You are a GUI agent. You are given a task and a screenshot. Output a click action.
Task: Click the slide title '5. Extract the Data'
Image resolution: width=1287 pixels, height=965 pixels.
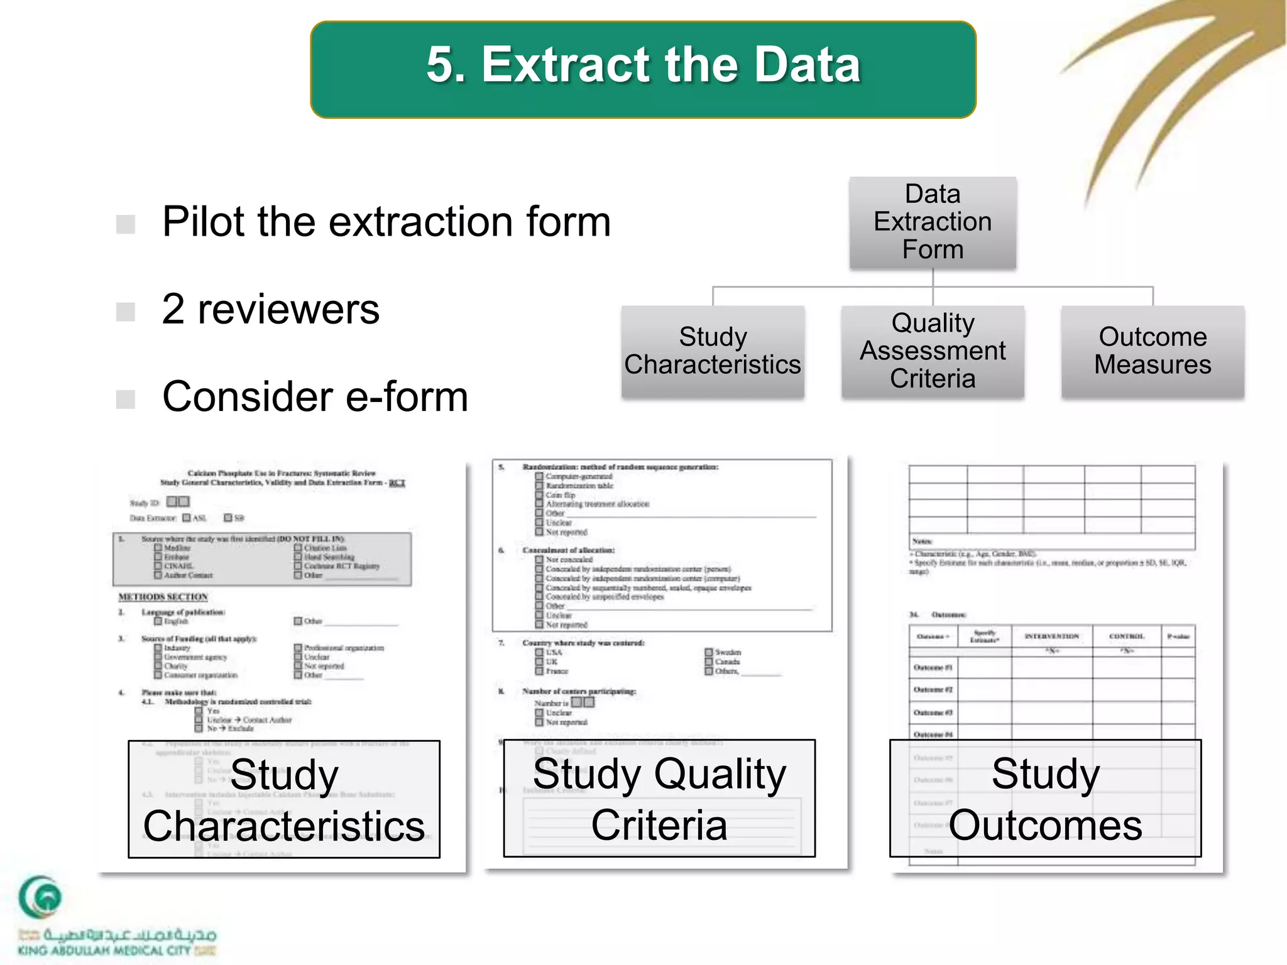tap(643, 65)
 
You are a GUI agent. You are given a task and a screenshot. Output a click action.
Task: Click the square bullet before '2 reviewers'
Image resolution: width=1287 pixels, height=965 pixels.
tap(126, 311)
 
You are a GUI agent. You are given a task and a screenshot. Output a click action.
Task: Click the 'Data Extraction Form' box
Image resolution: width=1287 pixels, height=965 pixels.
tap(933, 222)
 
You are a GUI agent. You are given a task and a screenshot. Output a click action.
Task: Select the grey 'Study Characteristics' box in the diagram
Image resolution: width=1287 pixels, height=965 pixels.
tap(713, 351)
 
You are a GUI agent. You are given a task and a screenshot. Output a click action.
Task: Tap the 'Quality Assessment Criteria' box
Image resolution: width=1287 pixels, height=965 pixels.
tap(933, 351)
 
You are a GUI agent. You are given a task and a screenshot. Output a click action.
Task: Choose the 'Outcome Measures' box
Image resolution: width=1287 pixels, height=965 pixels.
tap(1153, 351)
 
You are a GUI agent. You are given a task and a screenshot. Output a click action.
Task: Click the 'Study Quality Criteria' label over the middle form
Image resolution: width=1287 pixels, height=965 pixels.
tap(659, 799)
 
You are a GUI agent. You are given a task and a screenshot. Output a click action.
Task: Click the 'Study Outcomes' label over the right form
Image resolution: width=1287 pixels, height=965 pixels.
tap(1045, 799)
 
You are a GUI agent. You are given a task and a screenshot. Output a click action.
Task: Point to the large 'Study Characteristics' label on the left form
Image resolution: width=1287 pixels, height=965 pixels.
tap(284, 800)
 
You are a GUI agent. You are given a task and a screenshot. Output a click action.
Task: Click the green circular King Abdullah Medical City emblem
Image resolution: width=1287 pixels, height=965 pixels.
tap(40, 897)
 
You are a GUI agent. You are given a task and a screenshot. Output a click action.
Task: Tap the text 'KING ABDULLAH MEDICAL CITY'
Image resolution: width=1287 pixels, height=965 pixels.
tap(104, 951)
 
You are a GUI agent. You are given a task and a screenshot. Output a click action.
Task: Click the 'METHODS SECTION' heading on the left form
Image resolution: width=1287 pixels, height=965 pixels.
tap(163, 596)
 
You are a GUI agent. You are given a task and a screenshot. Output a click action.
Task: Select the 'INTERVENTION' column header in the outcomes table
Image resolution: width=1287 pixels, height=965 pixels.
tap(1051, 636)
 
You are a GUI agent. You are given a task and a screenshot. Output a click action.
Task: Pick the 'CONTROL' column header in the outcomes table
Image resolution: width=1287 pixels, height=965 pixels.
tap(1127, 636)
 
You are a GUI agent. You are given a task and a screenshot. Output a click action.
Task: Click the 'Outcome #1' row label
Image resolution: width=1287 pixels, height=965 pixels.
tap(933, 667)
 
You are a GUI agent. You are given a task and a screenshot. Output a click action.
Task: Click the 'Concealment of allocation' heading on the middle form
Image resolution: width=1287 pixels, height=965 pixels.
tap(568, 550)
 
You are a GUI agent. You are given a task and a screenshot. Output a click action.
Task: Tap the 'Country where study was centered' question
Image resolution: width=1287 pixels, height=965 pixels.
tap(583, 643)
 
